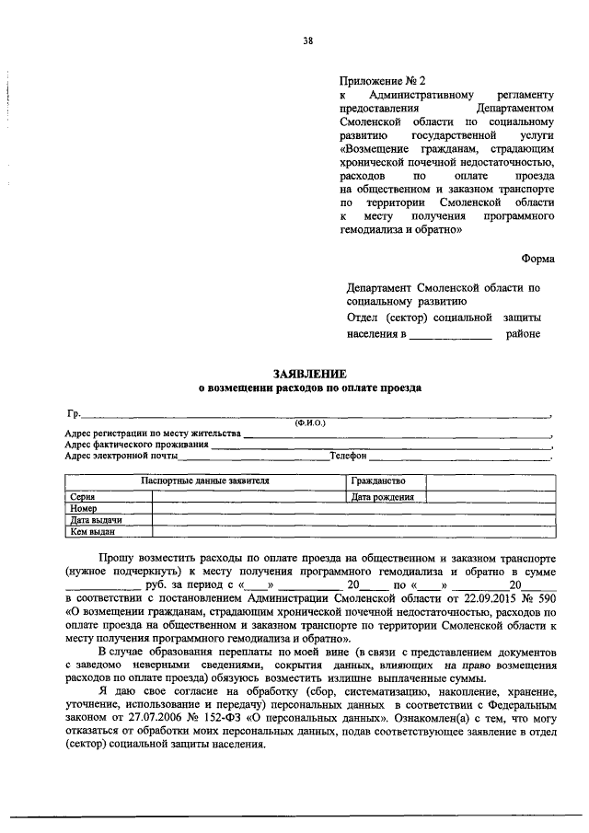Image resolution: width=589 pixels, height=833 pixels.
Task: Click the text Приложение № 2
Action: point(379,80)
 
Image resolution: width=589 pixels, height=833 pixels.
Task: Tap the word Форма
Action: point(537,260)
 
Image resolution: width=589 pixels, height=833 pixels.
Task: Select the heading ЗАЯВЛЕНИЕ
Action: point(309,374)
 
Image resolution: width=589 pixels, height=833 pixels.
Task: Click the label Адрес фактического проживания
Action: point(137,444)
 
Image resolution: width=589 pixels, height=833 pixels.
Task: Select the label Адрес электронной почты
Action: point(121,456)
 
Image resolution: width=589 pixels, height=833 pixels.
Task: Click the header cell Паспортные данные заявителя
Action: point(204,481)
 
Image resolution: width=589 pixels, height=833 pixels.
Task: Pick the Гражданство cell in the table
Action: point(377,481)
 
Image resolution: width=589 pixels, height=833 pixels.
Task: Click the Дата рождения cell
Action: point(383,497)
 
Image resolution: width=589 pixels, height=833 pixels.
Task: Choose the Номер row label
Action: point(84,508)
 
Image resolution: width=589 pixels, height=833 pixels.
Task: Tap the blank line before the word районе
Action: point(450,335)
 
